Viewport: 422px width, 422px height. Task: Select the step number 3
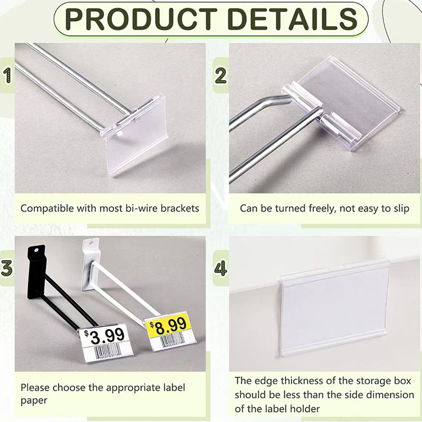tap(7, 268)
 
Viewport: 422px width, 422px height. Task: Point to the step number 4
tap(220, 268)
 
